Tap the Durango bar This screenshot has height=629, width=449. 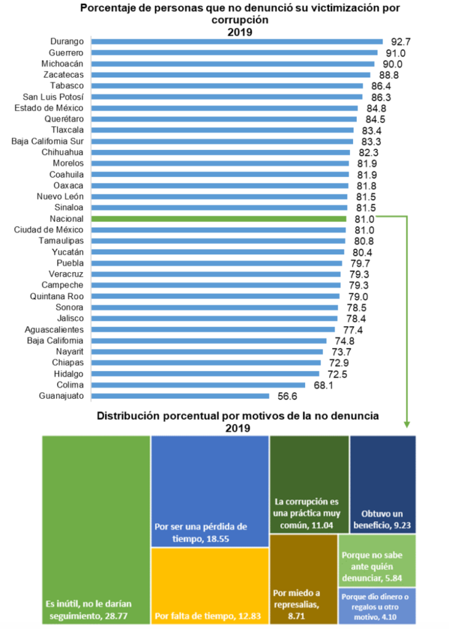237,41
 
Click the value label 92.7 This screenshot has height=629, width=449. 400,42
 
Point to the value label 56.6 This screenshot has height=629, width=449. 287,396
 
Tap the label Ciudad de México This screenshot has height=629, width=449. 49,230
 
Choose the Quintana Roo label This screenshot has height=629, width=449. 57,297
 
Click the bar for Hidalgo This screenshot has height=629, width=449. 205,374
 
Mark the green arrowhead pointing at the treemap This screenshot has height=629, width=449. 406,424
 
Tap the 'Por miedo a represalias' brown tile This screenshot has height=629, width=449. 303,579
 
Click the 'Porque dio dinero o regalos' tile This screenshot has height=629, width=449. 377,606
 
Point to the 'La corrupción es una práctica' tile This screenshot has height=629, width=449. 309,484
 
